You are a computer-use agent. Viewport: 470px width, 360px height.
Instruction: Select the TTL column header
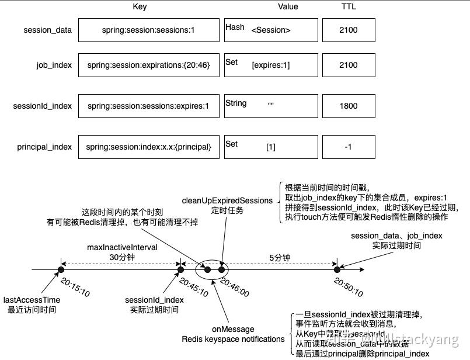[349, 7]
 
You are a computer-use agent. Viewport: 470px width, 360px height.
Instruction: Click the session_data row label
[48, 30]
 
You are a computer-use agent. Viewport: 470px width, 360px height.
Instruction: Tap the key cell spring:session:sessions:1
[148, 30]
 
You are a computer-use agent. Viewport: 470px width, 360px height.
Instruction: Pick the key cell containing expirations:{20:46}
[148, 65]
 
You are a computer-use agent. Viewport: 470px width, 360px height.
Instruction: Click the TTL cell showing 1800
[349, 106]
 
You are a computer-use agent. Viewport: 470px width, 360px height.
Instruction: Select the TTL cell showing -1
[349, 147]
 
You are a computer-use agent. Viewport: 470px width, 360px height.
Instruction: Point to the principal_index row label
[44, 147]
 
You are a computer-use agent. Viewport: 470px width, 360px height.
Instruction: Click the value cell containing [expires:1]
[271, 65]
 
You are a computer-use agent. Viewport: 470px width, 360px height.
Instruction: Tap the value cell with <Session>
[271, 30]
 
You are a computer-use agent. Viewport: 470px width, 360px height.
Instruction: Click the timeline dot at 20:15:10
[60, 269]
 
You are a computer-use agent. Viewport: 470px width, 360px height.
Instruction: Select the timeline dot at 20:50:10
[336, 269]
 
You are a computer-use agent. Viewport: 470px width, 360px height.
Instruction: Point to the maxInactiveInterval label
[122, 247]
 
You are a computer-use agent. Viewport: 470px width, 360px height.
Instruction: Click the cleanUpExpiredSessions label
[227, 200]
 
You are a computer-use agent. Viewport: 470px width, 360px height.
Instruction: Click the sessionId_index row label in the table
[43, 106]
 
